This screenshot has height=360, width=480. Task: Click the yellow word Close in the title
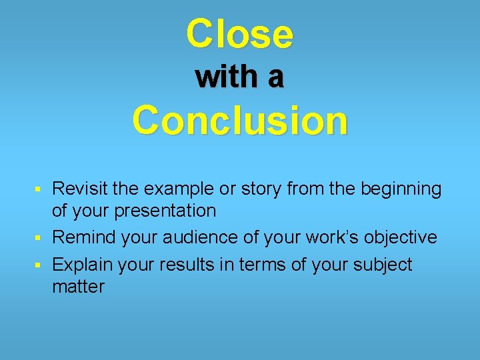pyautogui.click(x=239, y=34)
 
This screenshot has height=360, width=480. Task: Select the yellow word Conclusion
pyautogui.click(x=240, y=121)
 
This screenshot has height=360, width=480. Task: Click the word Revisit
pyautogui.click(x=79, y=189)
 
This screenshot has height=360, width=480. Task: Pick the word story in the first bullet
pyautogui.click(x=261, y=190)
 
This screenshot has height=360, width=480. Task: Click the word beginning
pyautogui.click(x=401, y=190)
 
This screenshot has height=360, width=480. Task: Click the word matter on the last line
pyautogui.click(x=78, y=287)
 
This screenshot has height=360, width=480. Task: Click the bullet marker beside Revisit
pyautogui.click(x=43, y=190)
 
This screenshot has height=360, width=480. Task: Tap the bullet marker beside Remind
pyautogui.click(x=43, y=238)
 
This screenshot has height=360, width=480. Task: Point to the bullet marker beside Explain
pyautogui.click(x=43, y=265)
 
